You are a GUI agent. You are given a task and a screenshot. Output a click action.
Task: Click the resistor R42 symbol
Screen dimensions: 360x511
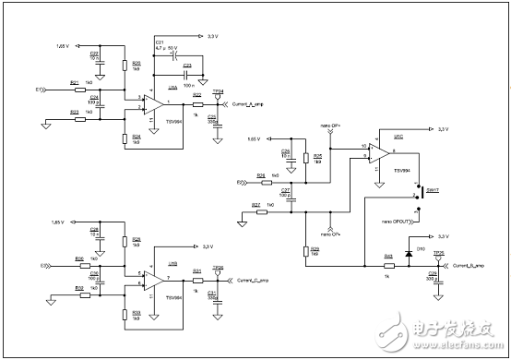coord(389,267)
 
